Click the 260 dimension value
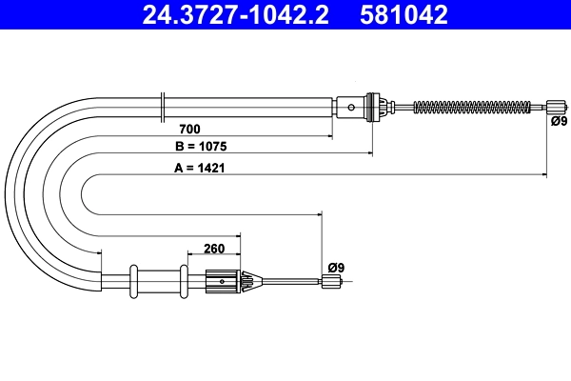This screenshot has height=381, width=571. tap(214, 249)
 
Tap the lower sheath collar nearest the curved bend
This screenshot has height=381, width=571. tap(134, 280)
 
